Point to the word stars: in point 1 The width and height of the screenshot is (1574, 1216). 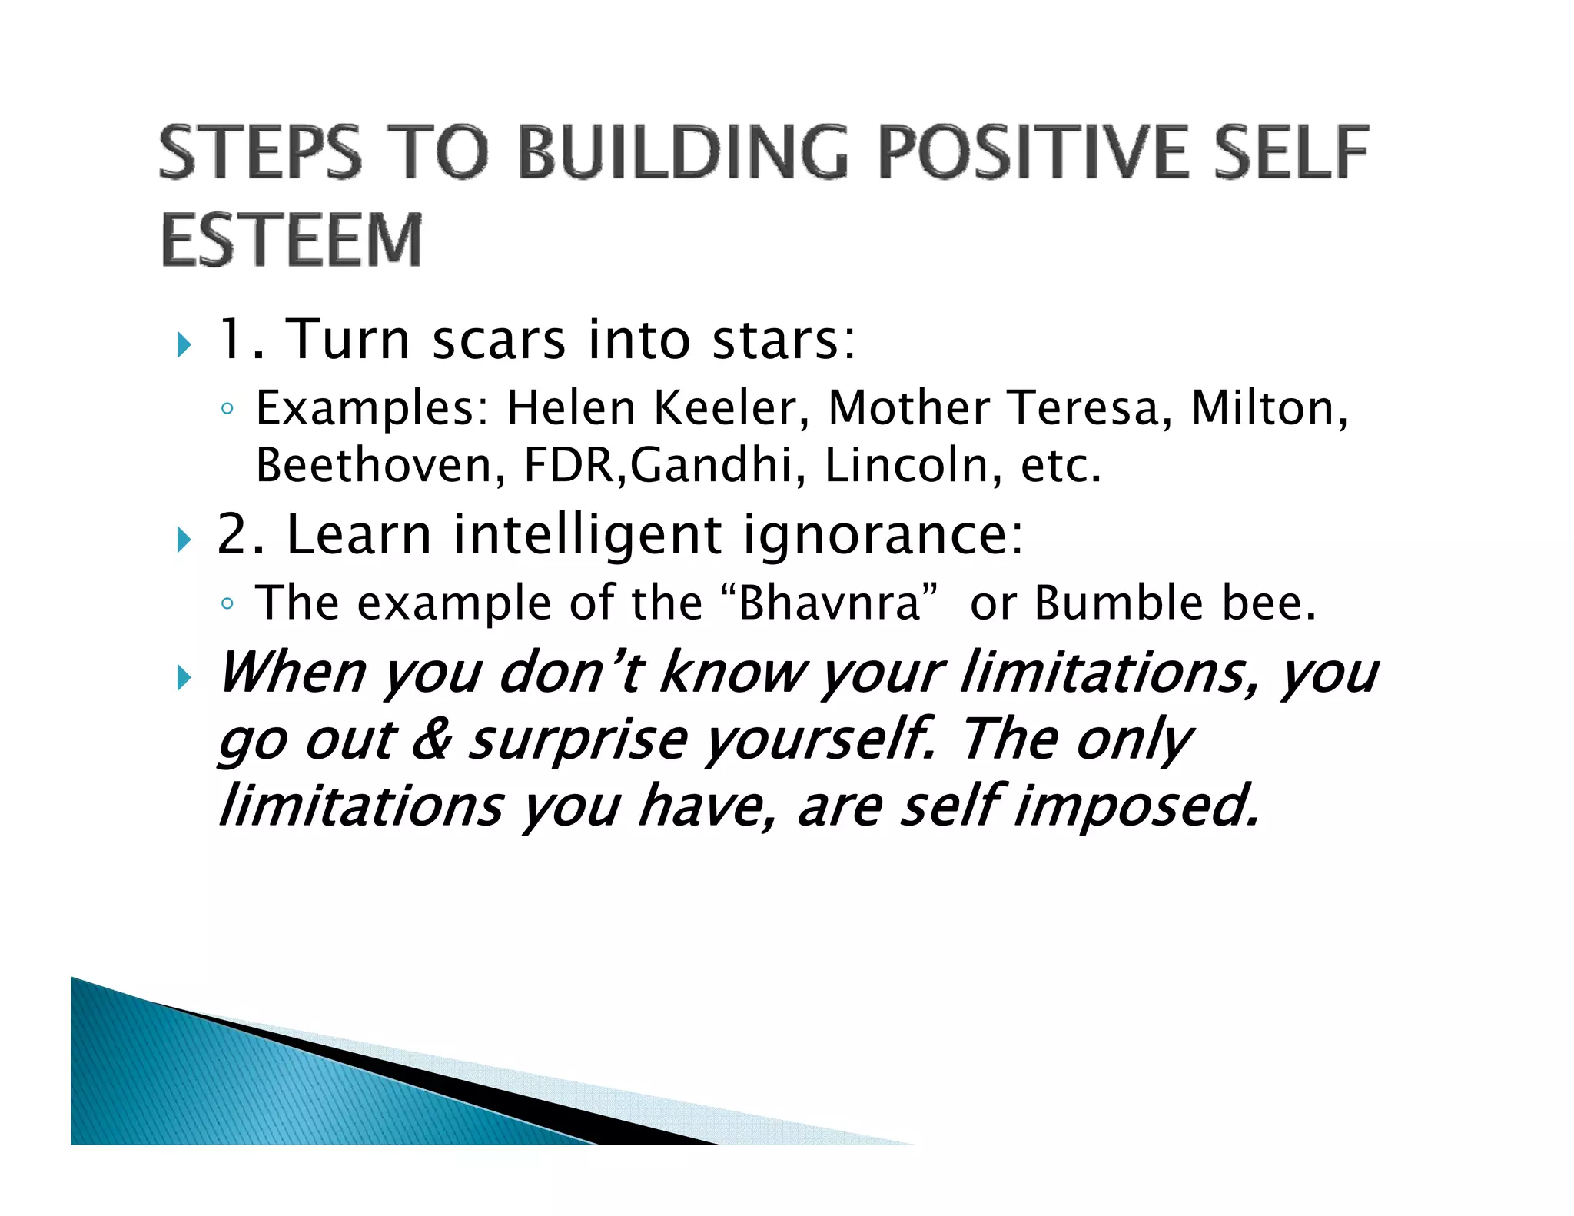coord(784,340)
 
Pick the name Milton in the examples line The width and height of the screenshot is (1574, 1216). coord(1268,408)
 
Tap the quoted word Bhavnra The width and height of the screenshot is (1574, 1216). coord(829,603)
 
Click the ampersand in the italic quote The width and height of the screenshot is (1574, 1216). coord(431,739)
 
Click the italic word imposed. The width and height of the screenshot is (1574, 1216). coord(1137,807)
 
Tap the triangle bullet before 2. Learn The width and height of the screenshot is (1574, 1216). coord(183,540)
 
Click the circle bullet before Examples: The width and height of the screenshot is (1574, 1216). coord(226,409)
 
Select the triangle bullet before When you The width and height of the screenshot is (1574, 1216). coord(183,678)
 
